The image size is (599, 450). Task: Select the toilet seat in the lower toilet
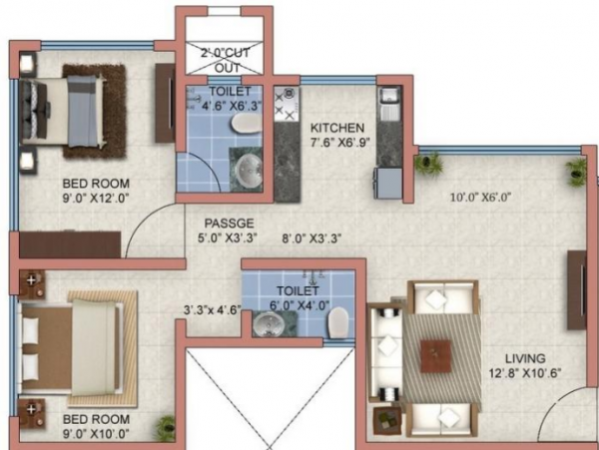338,320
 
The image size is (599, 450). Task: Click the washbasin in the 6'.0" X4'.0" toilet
268,324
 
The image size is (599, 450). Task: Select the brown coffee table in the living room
434,355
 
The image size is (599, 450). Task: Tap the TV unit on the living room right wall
576,290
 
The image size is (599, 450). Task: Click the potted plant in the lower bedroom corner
165,428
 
